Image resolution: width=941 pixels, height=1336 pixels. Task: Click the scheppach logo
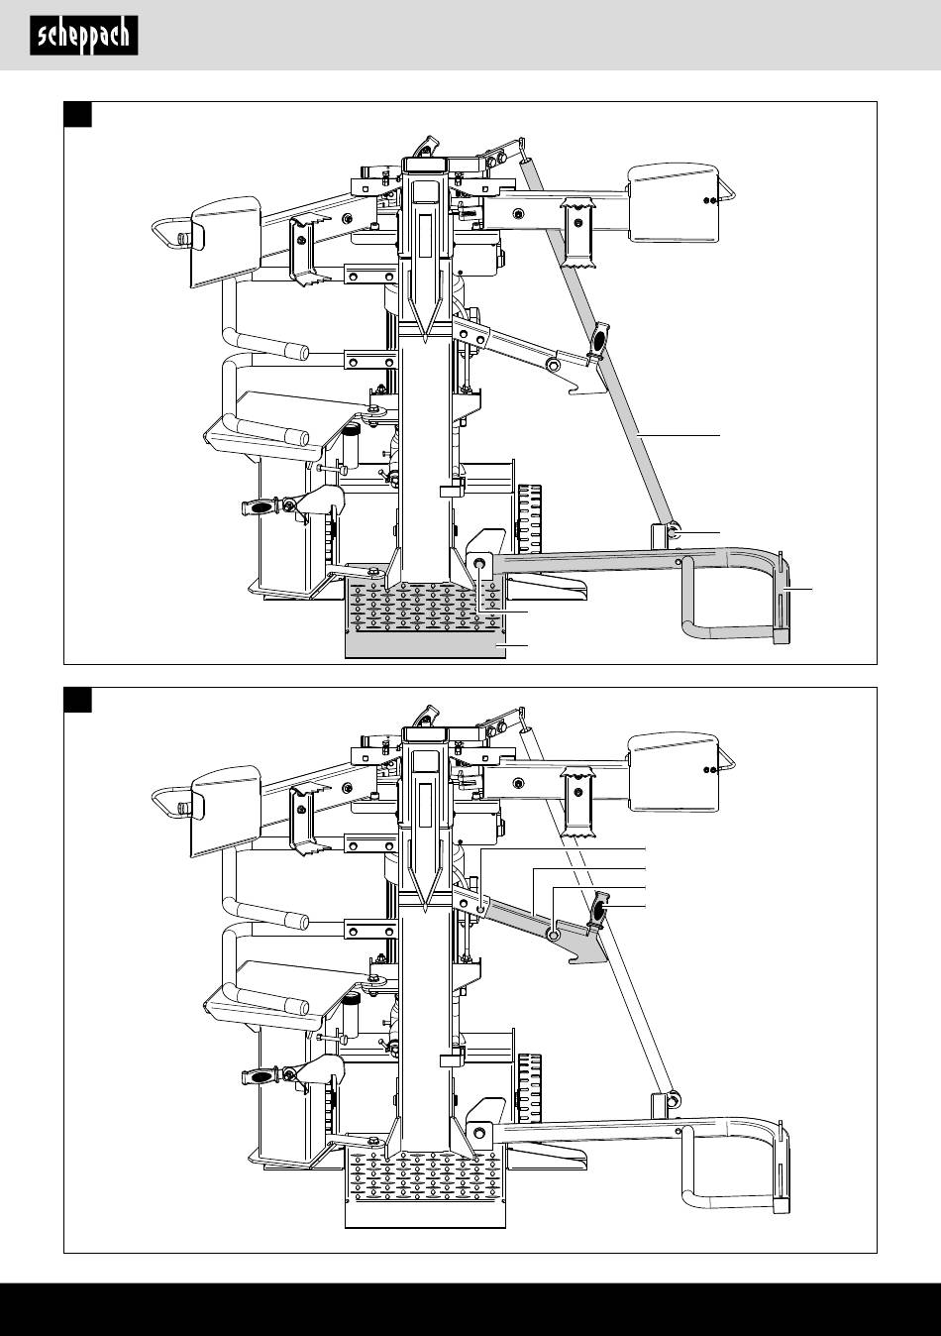[x=84, y=36]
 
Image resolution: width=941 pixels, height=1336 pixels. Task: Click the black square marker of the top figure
[x=78, y=115]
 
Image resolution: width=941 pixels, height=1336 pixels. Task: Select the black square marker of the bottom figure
[x=78, y=700]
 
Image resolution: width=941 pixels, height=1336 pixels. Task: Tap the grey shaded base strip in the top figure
[x=426, y=645]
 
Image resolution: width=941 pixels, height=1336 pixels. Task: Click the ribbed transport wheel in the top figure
[x=530, y=518]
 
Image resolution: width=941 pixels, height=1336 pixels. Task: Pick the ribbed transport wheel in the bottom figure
[x=530, y=1088]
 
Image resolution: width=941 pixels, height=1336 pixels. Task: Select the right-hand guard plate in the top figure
[x=674, y=202]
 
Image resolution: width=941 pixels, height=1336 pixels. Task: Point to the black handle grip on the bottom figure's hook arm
[x=599, y=909]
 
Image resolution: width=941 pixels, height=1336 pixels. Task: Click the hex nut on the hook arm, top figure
[x=553, y=364]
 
